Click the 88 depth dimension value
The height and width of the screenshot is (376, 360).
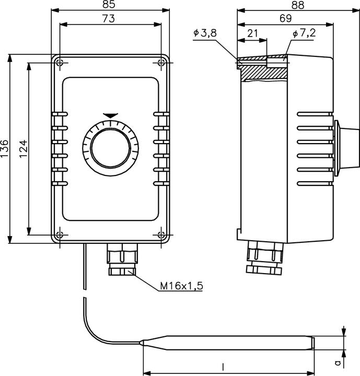point(298,5)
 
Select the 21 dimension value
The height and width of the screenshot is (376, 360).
point(253,33)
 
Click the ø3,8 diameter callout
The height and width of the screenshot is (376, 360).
point(205,33)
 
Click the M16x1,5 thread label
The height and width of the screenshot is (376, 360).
point(181,286)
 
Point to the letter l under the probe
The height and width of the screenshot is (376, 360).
point(223,367)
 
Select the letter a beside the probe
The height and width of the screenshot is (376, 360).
point(338,361)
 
